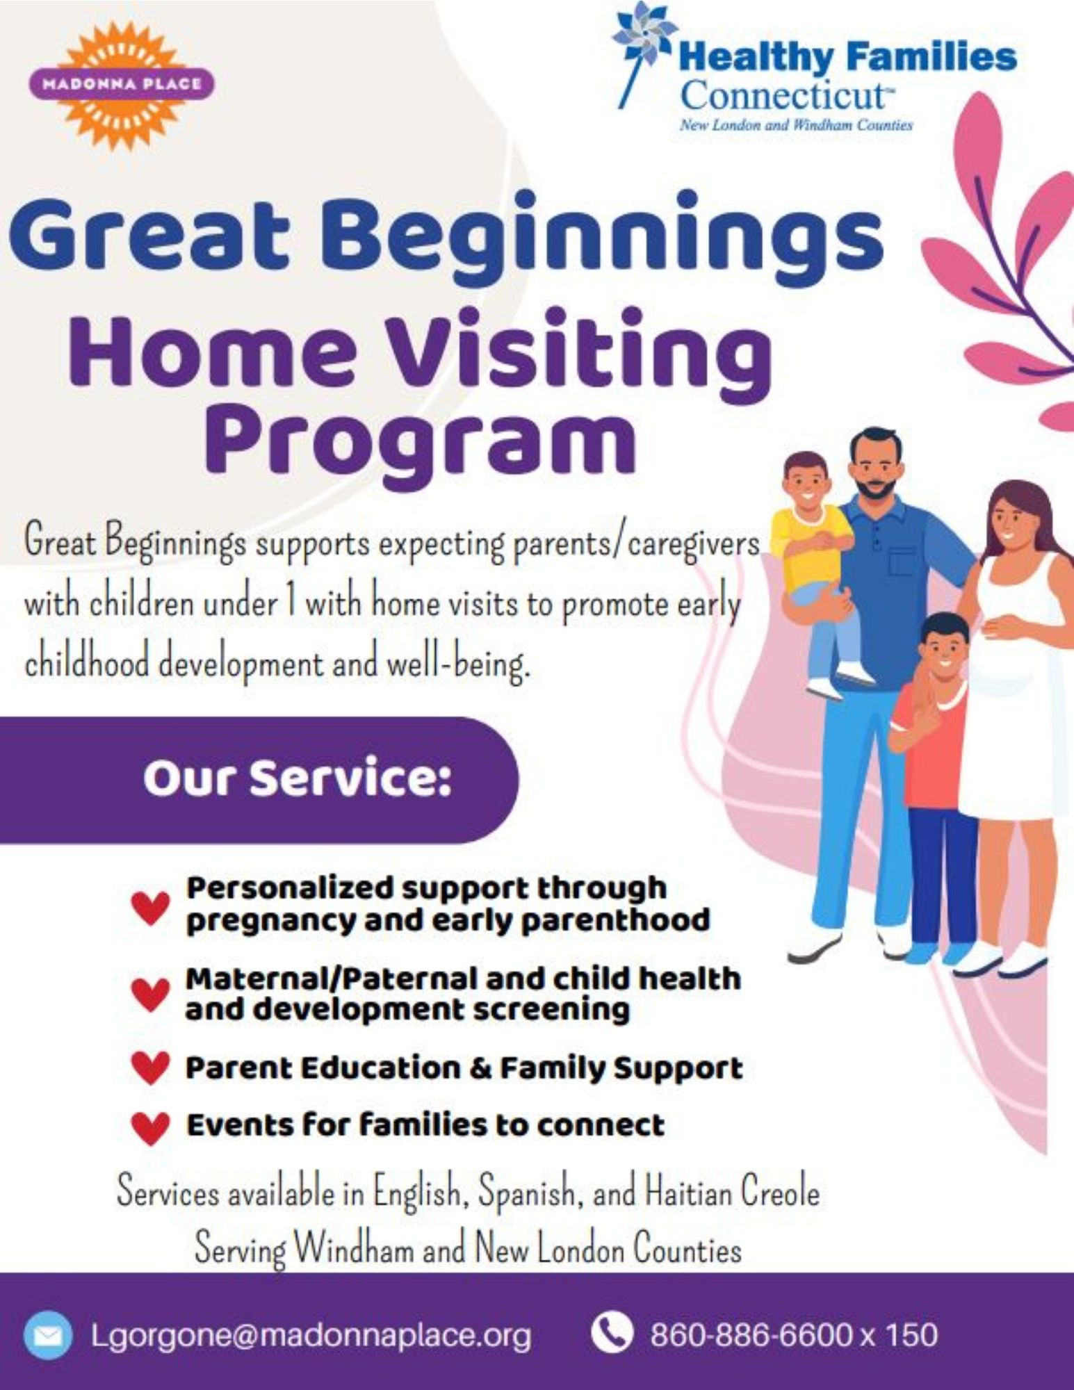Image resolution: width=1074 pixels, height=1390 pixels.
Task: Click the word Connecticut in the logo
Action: pos(783,96)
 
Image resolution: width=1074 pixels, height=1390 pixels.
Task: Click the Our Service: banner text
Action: pos(298,779)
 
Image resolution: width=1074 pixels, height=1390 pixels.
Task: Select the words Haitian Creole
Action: pos(733,1193)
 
